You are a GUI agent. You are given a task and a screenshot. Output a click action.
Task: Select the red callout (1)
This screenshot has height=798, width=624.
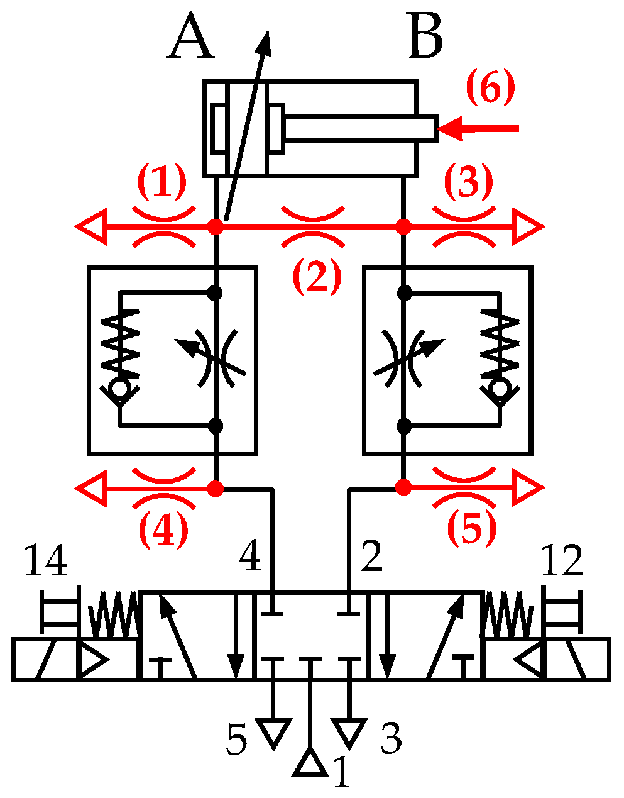point(162,182)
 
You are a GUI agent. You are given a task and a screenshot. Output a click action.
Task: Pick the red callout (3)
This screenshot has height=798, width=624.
point(468,182)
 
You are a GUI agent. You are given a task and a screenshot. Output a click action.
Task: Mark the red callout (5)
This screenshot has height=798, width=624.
point(472,527)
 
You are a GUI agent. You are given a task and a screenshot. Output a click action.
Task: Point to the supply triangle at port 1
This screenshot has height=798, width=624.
point(310,763)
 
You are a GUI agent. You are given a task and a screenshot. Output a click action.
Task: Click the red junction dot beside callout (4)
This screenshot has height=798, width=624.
point(216,487)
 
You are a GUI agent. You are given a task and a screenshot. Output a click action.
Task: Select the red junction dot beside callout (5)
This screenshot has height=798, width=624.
point(403,487)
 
